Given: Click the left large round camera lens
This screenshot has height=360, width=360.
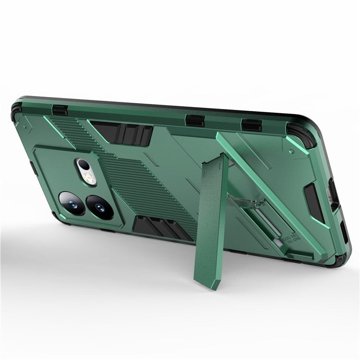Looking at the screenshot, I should [72, 203].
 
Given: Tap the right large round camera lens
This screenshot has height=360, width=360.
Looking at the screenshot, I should [100, 207].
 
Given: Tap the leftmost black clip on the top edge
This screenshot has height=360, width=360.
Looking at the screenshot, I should [60, 110].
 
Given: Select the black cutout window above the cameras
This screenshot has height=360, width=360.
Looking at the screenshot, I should [122, 133].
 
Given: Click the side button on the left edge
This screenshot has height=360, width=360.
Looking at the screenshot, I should [33, 168].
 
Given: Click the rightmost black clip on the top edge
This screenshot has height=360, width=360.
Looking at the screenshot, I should [252, 125].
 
